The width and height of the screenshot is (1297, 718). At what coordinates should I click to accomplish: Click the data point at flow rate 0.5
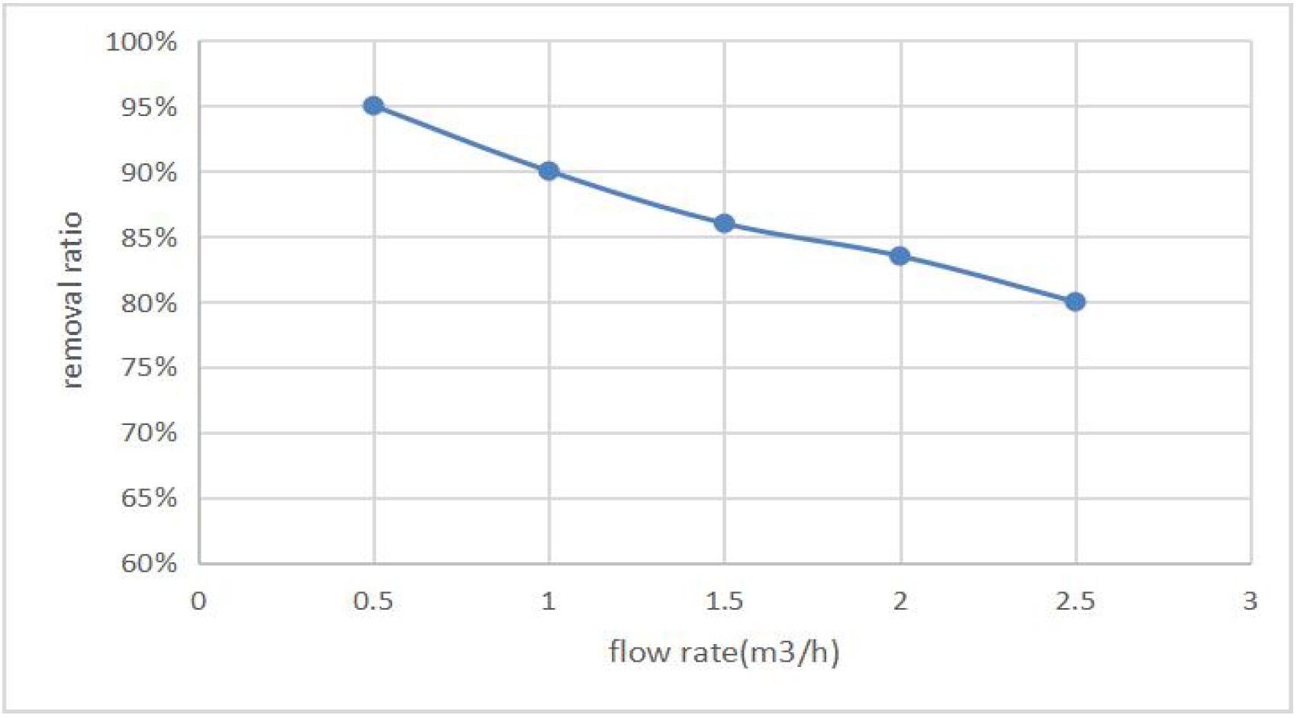[x=373, y=106]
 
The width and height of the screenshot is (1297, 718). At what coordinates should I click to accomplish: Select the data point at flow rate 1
[x=549, y=171]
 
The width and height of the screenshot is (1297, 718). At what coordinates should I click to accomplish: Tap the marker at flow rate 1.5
[x=724, y=224]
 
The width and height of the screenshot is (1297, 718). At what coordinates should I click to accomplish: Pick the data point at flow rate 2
[x=900, y=256]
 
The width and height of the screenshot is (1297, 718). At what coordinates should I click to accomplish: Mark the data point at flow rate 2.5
[x=1076, y=302]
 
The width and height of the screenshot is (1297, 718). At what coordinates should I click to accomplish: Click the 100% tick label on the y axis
[x=141, y=42]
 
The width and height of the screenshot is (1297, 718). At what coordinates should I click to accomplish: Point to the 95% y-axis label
[x=149, y=108]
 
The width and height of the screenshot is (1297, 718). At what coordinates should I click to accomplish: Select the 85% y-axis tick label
[x=149, y=238]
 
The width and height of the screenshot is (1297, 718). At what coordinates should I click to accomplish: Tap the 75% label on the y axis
[x=149, y=368]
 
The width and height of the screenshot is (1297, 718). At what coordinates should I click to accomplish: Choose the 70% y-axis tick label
[x=149, y=433]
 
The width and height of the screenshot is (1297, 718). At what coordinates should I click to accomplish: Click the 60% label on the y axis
[x=149, y=564]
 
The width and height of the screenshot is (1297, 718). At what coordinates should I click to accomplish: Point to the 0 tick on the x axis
[x=198, y=602]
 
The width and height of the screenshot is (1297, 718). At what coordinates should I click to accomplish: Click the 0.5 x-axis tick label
[x=373, y=602]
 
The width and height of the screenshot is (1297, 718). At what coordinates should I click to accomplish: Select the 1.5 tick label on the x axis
[x=724, y=602]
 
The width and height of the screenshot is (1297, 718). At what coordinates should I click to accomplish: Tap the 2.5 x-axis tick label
[x=1076, y=602]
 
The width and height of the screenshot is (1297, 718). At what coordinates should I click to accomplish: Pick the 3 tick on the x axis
[x=1250, y=602]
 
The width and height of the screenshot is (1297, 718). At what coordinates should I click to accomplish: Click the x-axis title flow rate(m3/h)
[x=724, y=652]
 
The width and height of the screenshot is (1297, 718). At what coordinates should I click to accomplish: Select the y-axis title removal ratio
[x=72, y=302]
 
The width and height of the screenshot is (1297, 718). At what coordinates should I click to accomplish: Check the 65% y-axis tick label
[x=149, y=498]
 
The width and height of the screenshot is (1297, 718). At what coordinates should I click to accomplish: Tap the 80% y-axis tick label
[x=149, y=304]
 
